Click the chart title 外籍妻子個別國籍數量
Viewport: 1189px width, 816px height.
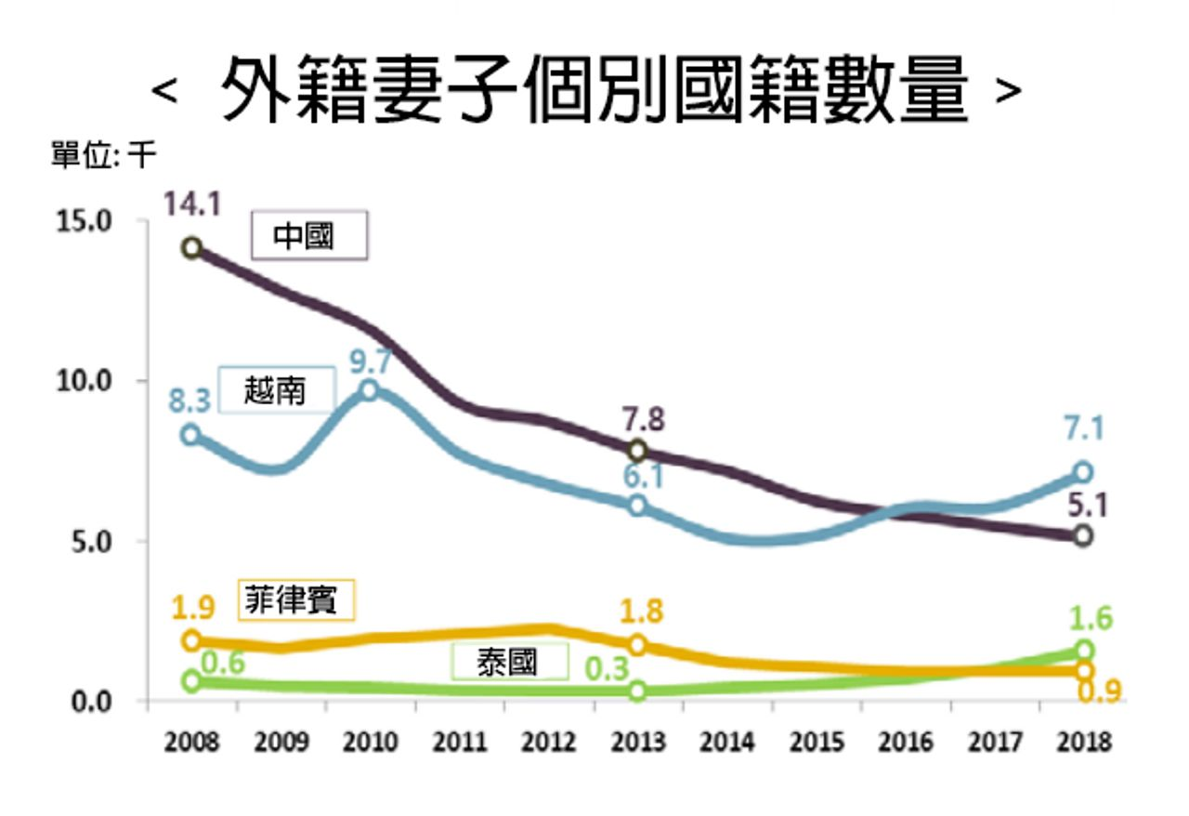(x=594, y=90)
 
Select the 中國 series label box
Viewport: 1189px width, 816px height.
(x=310, y=237)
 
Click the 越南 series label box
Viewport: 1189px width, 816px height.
(x=275, y=390)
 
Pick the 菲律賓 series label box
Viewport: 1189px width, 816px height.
(x=298, y=600)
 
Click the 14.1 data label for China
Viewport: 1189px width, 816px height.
(x=192, y=204)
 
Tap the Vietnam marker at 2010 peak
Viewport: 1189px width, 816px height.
(x=370, y=389)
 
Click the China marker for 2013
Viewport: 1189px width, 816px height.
(x=637, y=451)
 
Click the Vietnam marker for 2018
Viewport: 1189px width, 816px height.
(x=1083, y=471)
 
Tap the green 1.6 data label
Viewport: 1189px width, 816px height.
(x=1091, y=618)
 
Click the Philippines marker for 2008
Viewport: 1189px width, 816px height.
(x=192, y=640)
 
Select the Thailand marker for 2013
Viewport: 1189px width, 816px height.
(x=637, y=691)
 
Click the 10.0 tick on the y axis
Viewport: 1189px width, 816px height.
(x=92, y=381)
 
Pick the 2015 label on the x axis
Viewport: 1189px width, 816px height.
(x=818, y=744)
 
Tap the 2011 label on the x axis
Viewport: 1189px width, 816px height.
(x=460, y=744)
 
